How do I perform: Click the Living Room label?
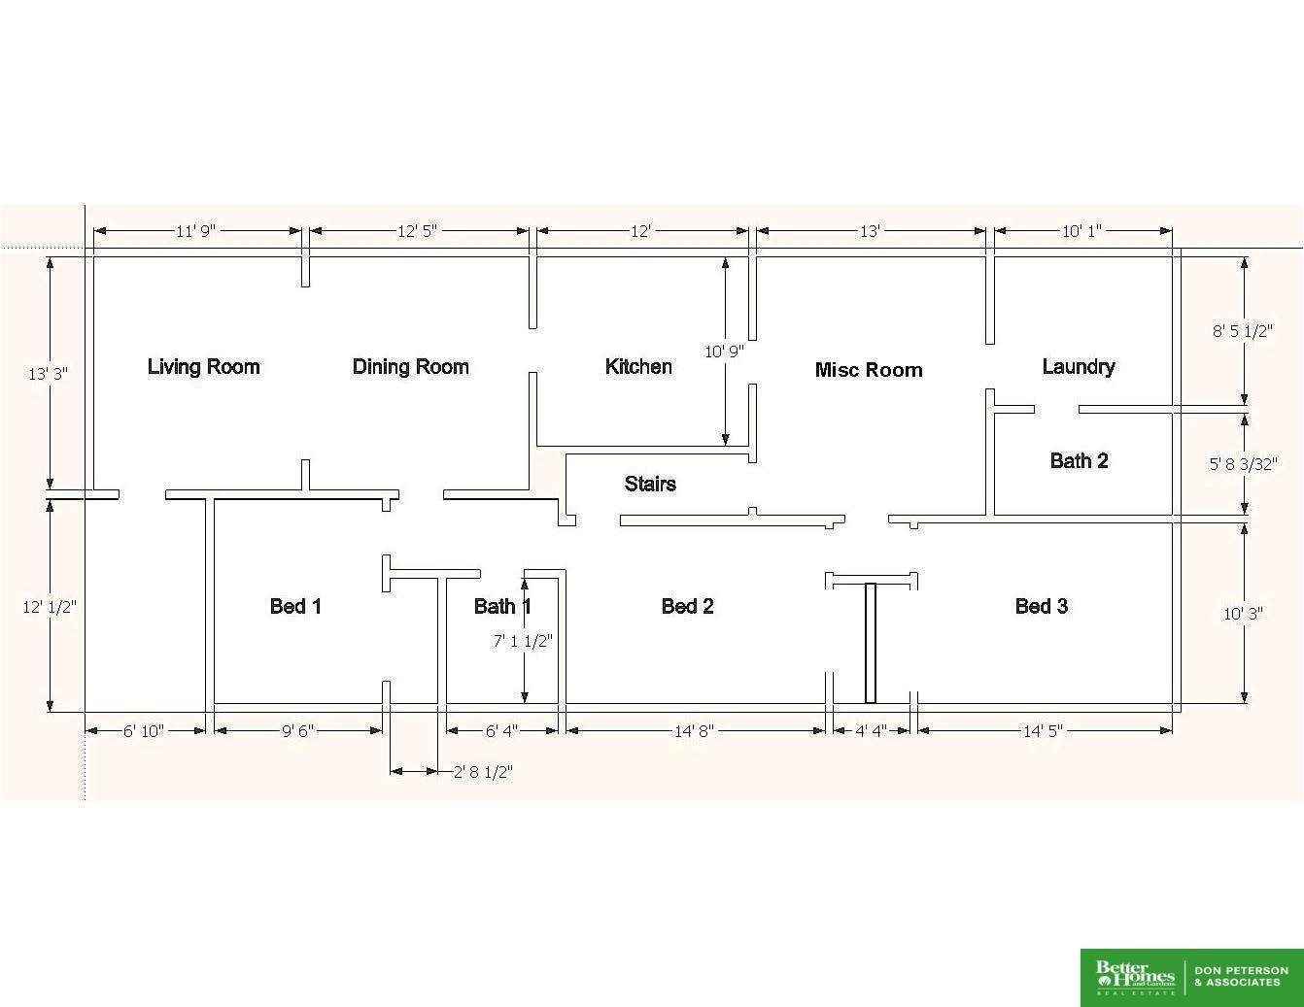tap(203, 366)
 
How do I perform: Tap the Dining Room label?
tap(410, 366)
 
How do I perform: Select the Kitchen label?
tap(638, 366)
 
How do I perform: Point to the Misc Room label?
tap(869, 370)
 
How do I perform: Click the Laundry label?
tap(1079, 367)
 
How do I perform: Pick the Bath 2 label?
tap(1079, 460)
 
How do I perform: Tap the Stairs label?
tap(650, 484)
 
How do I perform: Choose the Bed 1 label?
tap(295, 606)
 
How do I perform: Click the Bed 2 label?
tap(687, 606)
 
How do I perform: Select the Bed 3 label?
tap(1042, 606)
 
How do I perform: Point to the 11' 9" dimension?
tap(195, 231)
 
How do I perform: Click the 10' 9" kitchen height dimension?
tap(724, 352)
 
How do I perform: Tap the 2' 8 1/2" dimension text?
tap(483, 772)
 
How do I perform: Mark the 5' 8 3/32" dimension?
tap(1243, 464)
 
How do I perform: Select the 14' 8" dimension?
tap(695, 731)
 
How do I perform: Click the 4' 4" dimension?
tap(871, 731)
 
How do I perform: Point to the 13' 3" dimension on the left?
tap(48, 374)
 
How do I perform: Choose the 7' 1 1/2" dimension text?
tap(523, 641)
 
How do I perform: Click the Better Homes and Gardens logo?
tap(1135, 978)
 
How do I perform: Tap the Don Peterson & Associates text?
tap(1241, 977)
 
